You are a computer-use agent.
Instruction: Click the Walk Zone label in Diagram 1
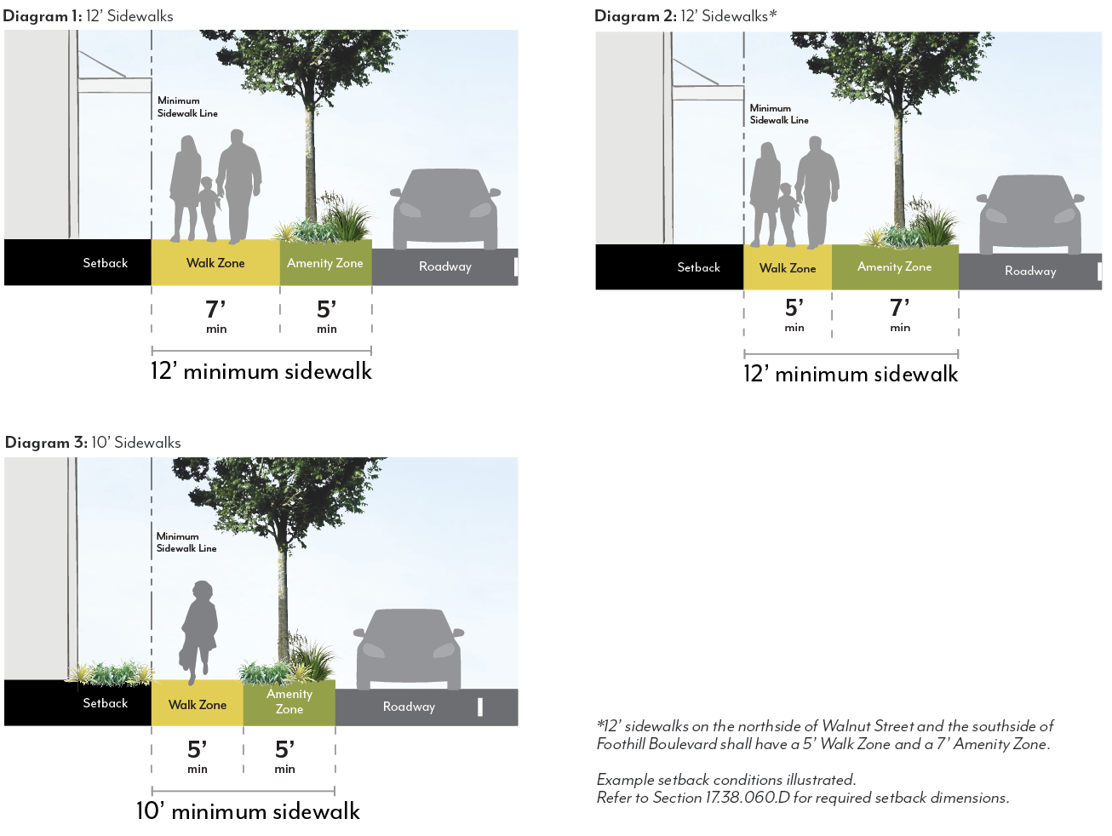pyautogui.click(x=215, y=263)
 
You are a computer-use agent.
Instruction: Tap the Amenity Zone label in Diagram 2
pyautogui.click(x=894, y=266)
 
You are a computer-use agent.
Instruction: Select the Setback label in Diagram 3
pyautogui.click(x=105, y=703)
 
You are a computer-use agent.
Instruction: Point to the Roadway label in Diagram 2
pyautogui.click(x=1029, y=271)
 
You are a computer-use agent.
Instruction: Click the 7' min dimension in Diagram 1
pyautogui.click(x=216, y=315)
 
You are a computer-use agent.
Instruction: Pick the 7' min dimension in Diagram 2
pyautogui.click(x=900, y=313)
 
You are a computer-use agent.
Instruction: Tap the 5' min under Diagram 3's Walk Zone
pyautogui.click(x=198, y=755)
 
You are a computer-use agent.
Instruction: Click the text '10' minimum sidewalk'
pyautogui.click(x=248, y=811)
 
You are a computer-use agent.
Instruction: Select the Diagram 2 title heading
pyautogui.click(x=685, y=15)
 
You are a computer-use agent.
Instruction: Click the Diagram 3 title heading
pyautogui.click(x=93, y=443)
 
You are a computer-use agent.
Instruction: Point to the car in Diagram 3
pyautogui.click(x=410, y=649)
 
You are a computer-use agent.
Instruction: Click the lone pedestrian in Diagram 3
pyautogui.click(x=199, y=630)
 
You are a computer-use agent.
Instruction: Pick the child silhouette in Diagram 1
pyautogui.click(x=207, y=208)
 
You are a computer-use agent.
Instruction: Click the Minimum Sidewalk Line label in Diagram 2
pyautogui.click(x=779, y=114)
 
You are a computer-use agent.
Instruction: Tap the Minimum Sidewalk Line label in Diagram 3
pyautogui.click(x=186, y=542)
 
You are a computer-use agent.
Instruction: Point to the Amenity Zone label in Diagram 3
pyautogui.click(x=289, y=701)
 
